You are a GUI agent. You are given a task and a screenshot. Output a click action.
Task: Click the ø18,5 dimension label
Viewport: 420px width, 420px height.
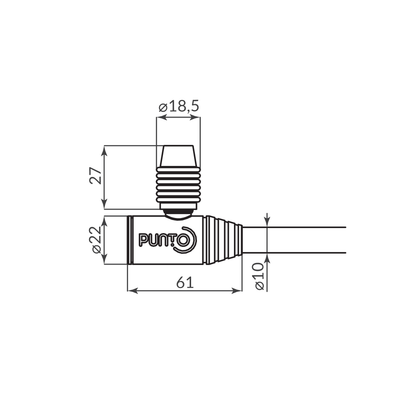pos(178,107)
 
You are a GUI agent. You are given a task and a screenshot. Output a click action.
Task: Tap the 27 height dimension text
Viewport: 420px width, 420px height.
pos(96,176)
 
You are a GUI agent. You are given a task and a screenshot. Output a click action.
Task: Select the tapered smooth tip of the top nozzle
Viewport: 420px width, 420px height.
pos(178,156)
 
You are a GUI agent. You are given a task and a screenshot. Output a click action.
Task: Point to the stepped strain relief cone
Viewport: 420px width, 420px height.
pos(225,240)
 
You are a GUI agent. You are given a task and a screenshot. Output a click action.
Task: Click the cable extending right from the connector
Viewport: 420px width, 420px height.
pos(294,240)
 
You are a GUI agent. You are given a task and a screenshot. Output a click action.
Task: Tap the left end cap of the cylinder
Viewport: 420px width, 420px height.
pos(130,240)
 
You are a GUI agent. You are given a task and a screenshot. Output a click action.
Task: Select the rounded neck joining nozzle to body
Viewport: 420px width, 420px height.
pos(178,214)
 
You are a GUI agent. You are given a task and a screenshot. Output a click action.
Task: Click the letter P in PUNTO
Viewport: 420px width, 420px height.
pos(143,240)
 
